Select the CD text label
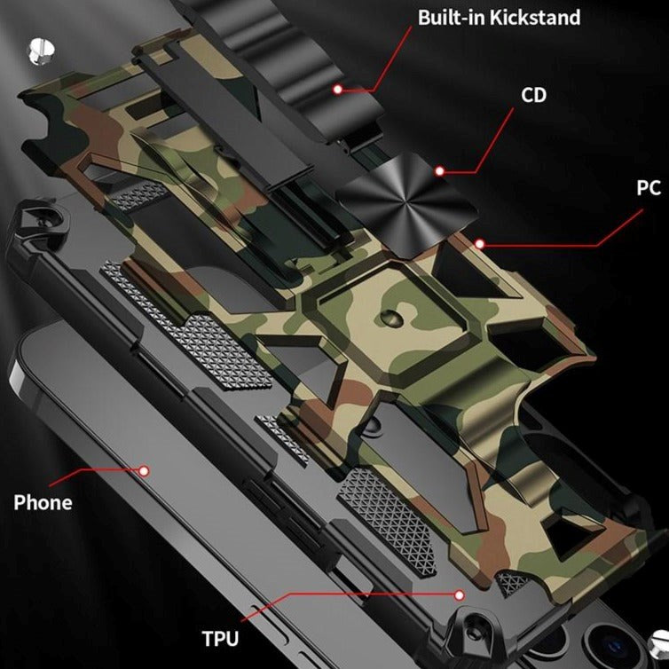click(533, 95)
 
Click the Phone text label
click(43, 502)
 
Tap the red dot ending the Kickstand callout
click(338, 89)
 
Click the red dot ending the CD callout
click(439, 169)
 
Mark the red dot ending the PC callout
click(480, 242)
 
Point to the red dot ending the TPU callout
click(460, 594)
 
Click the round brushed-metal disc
click(385, 189)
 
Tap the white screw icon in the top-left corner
click(37, 48)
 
